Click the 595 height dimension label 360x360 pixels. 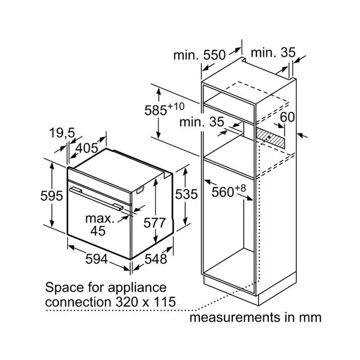(52, 196)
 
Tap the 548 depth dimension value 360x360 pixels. (156, 259)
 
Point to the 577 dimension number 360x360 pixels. (154, 223)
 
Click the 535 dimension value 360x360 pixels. (186, 194)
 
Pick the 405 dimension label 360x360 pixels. (87, 148)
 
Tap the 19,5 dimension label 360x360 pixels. (62, 133)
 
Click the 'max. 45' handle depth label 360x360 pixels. (99, 225)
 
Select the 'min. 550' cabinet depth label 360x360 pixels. (200, 55)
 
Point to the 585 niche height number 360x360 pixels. (155, 110)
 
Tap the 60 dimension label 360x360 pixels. (287, 117)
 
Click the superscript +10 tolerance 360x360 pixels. (176, 106)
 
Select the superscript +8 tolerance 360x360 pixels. (240, 188)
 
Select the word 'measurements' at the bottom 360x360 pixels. (235, 318)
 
